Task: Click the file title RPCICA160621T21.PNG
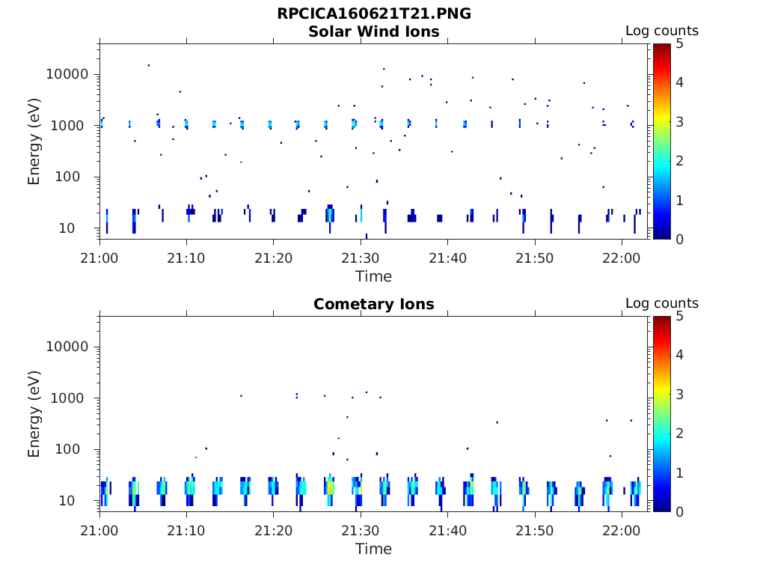click(374, 14)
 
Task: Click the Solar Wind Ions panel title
click(374, 31)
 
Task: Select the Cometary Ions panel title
click(374, 304)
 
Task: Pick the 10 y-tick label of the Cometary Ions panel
click(82, 500)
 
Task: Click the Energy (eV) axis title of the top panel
click(34, 142)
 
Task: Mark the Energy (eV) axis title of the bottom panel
click(34, 415)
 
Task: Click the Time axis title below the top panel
click(373, 276)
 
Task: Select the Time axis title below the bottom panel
click(373, 549)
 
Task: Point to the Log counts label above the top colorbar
click(662, 31)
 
